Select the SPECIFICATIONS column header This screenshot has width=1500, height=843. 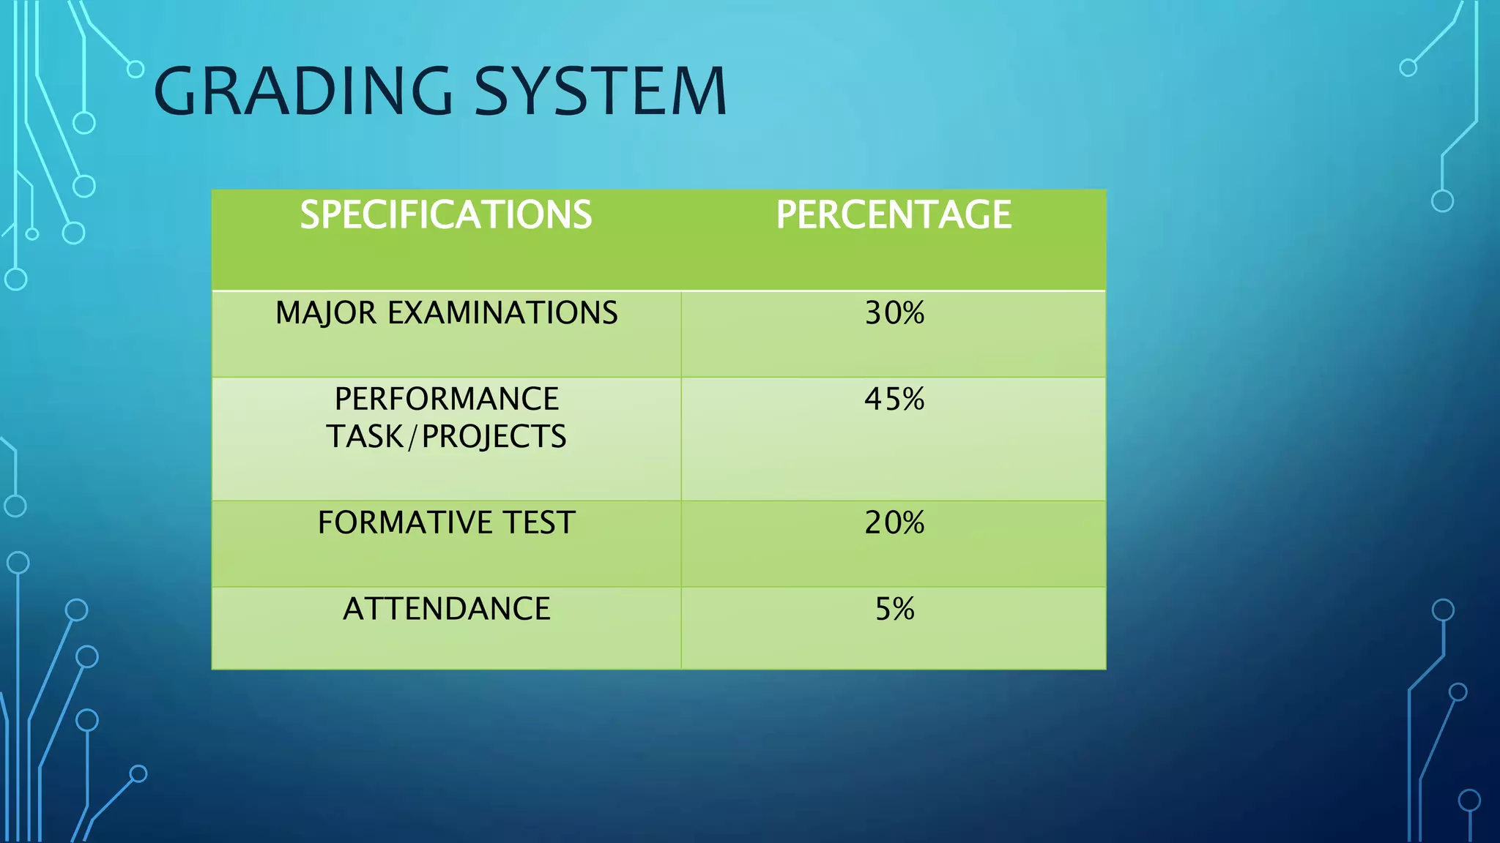click(446, 215)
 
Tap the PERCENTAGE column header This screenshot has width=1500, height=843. click(894, 215)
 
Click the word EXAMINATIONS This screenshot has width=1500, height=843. click(502, 313)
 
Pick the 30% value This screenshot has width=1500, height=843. click(894, 313)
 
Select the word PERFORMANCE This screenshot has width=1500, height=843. click(446, 400)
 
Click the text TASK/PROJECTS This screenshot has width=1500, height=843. click(446, 437)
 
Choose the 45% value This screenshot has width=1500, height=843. click(894, 400)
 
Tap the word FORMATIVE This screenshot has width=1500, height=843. click(405, 523)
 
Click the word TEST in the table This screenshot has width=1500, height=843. click(539, 523)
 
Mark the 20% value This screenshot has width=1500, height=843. click(894, 523)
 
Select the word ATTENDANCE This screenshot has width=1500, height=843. click(446, 609)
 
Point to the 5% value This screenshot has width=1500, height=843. click(894, 609)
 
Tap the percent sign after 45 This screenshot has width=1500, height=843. click(913, 400)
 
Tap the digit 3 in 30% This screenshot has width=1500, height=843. click(874, 313)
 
